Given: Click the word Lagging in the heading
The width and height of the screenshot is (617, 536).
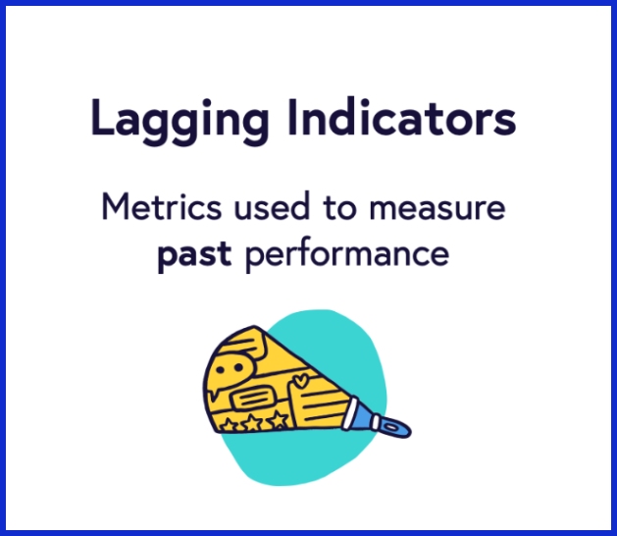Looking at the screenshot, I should click(180, 120).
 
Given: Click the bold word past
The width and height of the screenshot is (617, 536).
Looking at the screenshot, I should click(193, 254).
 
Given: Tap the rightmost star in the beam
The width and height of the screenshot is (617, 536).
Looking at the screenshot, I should click(279, 419).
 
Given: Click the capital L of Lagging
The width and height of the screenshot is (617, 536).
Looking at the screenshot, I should click(101, 118).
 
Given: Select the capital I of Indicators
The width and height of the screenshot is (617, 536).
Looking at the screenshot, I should click(296, 118).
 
